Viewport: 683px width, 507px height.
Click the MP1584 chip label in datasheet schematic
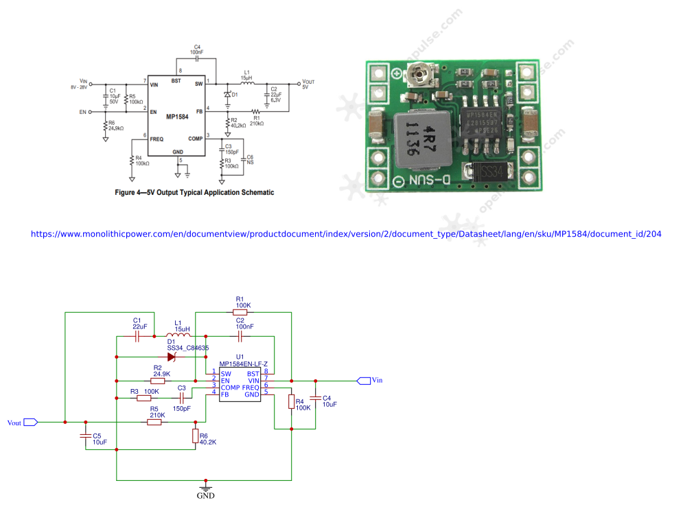177,117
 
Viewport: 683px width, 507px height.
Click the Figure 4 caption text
194,193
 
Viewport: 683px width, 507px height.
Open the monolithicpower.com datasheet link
346,234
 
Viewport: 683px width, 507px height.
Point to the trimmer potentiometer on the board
418,74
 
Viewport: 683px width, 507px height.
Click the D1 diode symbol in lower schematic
172,357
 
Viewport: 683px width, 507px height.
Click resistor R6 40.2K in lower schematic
196,436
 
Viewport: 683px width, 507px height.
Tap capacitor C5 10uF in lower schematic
85,436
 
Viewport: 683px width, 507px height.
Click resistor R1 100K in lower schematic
242,312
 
